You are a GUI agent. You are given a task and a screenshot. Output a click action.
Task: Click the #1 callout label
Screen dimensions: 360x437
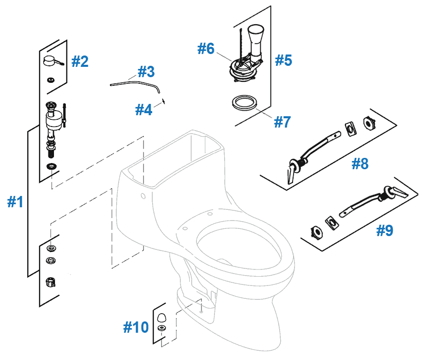(x=15, y=203)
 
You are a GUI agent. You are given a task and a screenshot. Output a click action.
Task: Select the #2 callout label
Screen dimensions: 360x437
(x=80, y=62)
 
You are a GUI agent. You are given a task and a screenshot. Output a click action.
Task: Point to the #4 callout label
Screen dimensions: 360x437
(x=143, y=109)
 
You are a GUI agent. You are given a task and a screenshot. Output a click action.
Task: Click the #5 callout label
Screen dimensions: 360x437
(x=283, y=60)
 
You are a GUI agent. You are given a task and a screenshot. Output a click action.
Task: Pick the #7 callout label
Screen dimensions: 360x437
(x=282, y=122)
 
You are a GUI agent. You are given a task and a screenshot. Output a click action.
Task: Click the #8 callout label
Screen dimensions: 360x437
(x=360, y=164)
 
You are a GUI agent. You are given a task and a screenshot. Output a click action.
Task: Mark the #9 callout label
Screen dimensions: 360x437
(x=385, y=230)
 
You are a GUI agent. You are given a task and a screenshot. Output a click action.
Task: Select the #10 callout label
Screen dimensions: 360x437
(x=136, y=327)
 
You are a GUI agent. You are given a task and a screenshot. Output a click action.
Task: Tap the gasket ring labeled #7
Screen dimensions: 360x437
(x=242, y=101)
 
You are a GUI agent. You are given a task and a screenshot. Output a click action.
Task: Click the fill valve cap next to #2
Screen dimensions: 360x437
(x=50, y=62)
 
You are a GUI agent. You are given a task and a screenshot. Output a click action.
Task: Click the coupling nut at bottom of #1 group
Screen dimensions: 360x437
(x=51, y=282)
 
